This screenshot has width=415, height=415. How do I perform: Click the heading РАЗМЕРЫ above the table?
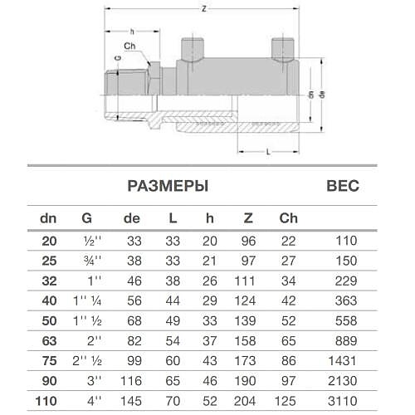(x=167, y=186)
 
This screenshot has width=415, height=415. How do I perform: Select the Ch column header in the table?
(x=288, y=219)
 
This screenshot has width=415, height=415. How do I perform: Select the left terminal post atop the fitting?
(x=193, y=46)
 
